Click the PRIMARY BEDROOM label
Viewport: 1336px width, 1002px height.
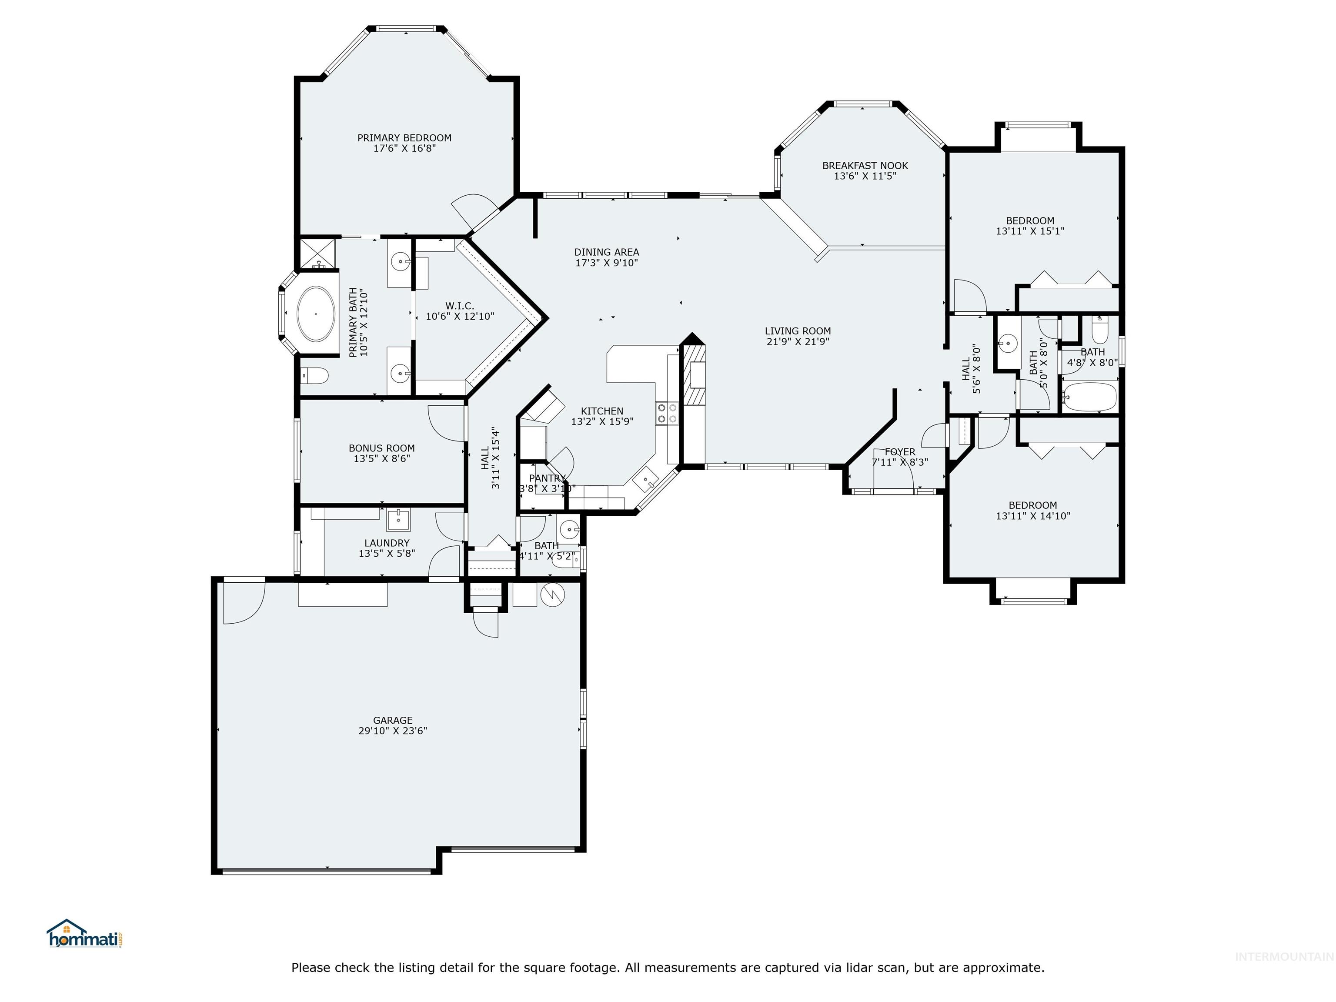point(404,138)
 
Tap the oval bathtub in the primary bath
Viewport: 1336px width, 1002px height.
point(316,314)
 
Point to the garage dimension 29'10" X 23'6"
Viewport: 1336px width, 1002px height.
point(393,730)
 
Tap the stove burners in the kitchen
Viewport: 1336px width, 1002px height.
point(667,413)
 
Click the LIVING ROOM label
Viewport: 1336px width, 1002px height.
point(797,331)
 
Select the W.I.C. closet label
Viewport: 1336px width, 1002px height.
point(460,306)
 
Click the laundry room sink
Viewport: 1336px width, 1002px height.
point(398,519)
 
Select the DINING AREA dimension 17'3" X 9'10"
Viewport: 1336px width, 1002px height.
point(606,263)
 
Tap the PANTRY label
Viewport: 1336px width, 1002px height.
point(547,478)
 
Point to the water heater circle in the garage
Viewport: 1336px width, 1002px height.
point(553,595)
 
